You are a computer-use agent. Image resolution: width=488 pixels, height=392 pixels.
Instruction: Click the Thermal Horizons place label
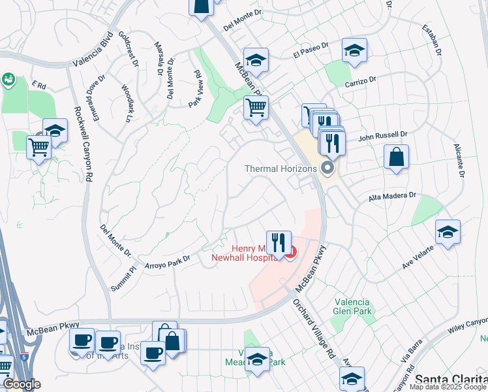pos(281,169)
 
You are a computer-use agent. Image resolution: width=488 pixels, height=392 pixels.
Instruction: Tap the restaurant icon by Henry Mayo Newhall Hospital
pos(279,242)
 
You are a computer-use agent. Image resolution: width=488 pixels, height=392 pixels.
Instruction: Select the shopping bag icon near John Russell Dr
pos(396,157)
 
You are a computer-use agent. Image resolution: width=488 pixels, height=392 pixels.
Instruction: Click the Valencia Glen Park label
pos(352,306)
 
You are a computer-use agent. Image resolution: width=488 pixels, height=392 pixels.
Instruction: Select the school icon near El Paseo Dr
pos(354,50)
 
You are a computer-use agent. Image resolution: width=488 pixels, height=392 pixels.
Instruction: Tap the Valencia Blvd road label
pos(93,54)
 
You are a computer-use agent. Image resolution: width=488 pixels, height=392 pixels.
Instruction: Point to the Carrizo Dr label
pos(361,81)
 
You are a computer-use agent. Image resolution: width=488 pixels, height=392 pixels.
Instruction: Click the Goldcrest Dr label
pos(129,48)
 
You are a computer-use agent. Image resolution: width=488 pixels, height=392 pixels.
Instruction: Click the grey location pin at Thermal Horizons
pos(328,169)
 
